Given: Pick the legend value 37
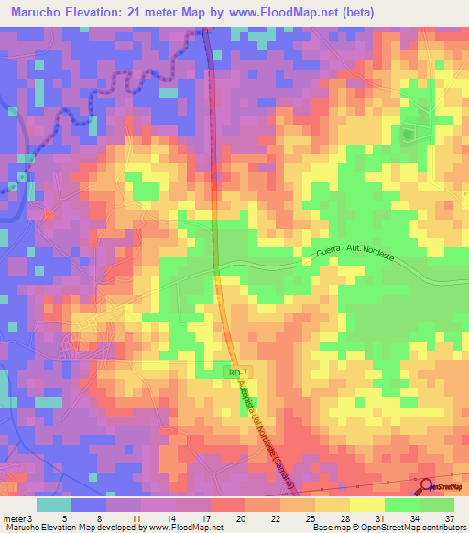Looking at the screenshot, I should (448, 517).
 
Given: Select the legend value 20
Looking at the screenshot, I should (239, 517).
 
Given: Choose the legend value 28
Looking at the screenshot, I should (344, 517).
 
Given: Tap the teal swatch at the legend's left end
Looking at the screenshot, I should (54, 505).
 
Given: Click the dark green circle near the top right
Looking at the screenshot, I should (409, 135).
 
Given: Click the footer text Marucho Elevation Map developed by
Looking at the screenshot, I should (72, 528).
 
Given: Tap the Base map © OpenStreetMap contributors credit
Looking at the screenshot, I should (388, 528).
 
